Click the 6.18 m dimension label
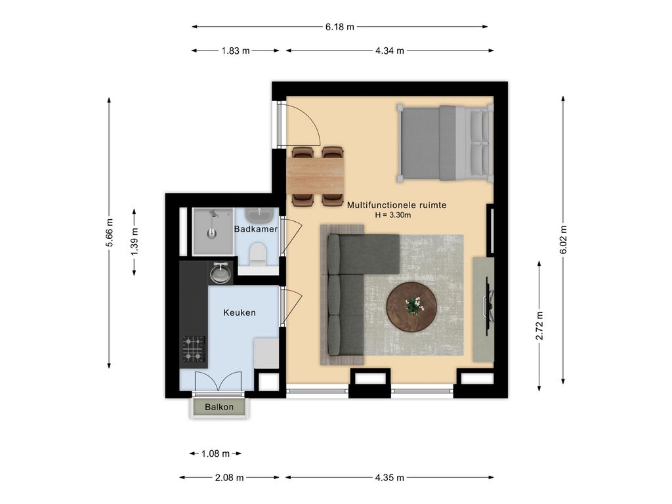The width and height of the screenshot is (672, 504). [340, 26]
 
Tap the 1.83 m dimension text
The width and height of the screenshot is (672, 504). [236, 51]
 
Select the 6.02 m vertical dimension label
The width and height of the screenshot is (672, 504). [563, 240]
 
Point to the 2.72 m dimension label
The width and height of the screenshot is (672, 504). [539, 325]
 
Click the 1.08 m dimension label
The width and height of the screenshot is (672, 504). [215, 453]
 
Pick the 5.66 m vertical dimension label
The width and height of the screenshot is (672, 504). [110, 233]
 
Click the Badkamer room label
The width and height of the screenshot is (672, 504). [256, 229]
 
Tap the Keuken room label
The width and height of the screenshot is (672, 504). [240, 313]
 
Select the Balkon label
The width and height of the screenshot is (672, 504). [219, 407]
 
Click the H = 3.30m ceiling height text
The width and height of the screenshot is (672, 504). [393, 215]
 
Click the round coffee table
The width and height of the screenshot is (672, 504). [411, 306]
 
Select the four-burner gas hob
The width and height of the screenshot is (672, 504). [194, 349]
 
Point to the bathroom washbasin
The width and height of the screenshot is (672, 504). [259, 215]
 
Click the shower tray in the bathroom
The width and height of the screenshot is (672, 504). [213, 232]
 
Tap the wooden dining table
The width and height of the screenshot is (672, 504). [317, 175]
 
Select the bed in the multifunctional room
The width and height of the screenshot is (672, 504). [444, 142]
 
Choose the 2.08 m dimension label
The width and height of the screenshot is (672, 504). [229, 478]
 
